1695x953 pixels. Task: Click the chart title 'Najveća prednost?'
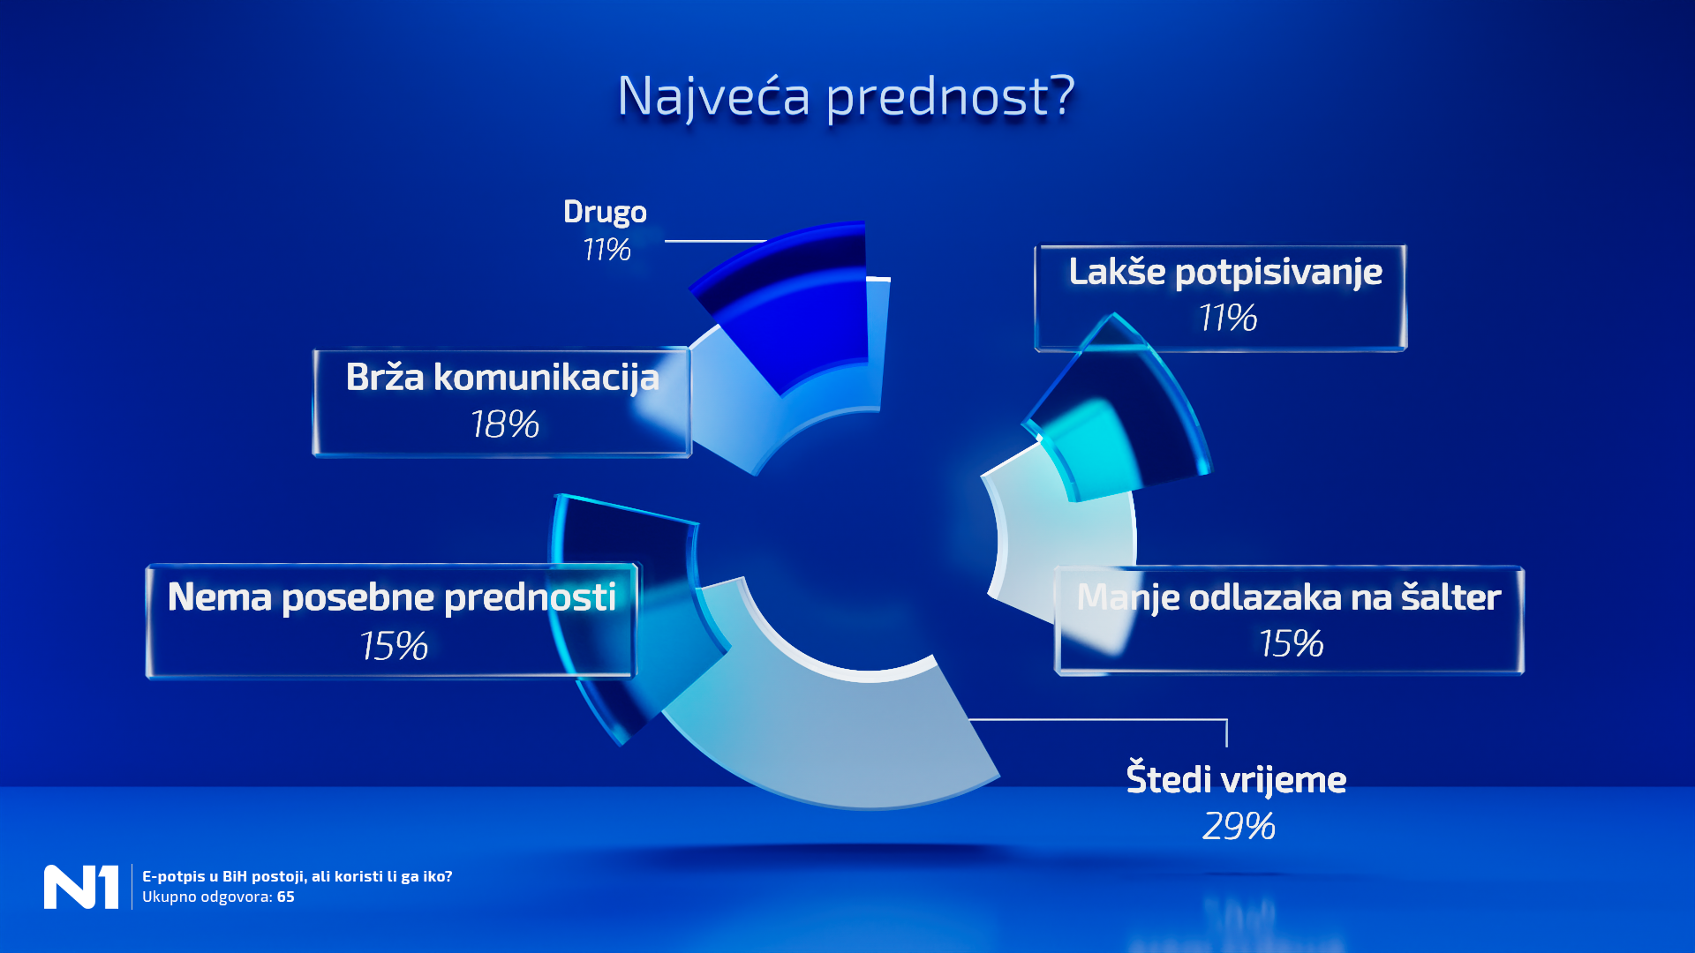tap(846, 95)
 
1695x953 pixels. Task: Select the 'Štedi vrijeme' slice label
tap(1236, 779)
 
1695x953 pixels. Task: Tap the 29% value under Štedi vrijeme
tap(1239, 827)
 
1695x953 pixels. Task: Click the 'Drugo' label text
tap(605, 213)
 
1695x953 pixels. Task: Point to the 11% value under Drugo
tap(606, 250)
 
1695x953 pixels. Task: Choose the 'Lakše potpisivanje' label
tap(1225, 272)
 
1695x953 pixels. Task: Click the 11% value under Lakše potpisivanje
tap(1227, 318)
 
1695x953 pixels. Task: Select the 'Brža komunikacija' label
tap(502, 378)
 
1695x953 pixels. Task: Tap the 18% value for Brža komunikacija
tap(504, 424)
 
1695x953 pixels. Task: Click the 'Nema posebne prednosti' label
tap(391, 597)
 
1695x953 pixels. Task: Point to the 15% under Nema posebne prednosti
tap(394, 646)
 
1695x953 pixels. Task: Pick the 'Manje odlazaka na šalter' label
tap(1288, 597)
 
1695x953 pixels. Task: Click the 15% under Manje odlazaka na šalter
tap(1291, 644)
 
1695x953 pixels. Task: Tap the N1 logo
tap(81, 887)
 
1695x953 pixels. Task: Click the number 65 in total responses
tap(286, 897)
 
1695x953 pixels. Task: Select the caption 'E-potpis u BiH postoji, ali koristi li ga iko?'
tap(297, 876)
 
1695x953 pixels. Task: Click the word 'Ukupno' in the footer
tap(169, 897)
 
